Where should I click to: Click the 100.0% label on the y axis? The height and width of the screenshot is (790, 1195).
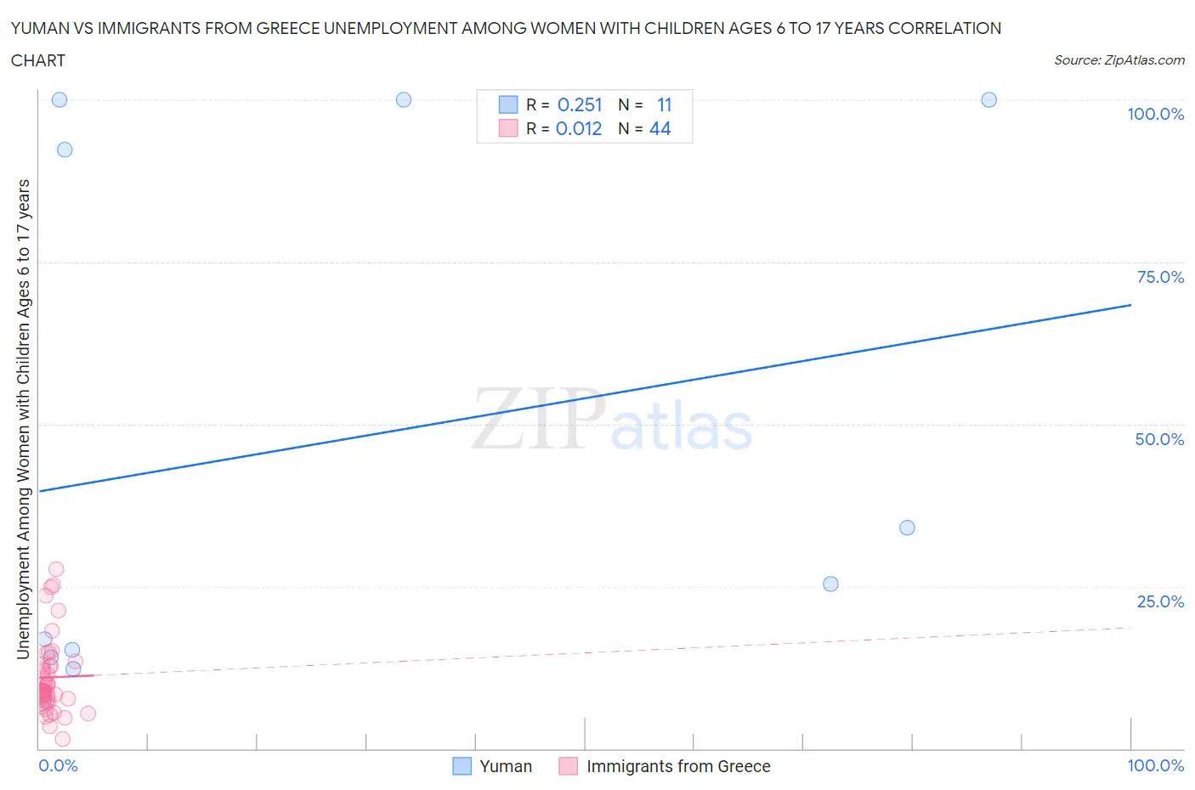pyautogui.click(x=1155, y=115)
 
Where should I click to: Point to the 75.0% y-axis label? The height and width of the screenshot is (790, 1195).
pyautogui.click(x=1160, y=277)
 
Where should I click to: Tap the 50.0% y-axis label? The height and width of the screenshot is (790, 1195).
pyautogui.click(x=1159, y=439)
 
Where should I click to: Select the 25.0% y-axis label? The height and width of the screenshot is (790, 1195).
pyautogui.click(x=1160, y=601)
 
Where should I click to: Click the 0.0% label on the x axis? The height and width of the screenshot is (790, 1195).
pyautogui.click(x=58, y=765)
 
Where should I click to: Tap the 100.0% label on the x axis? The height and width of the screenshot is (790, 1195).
pyautogui.click(x=1155, y=765)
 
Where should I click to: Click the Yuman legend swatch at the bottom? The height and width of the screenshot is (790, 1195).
pyautogui.click(x=462, y=766)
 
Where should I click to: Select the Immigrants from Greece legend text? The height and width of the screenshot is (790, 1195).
pyautogui.click(x=678, y=766)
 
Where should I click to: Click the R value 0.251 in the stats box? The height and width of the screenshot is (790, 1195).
pyautogui.click(x=580, y=104)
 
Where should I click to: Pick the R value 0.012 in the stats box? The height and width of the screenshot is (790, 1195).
pyautogui.click(x=579, y=128)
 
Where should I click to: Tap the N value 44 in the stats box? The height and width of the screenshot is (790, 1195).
pyautogui.click(x=660, y=128)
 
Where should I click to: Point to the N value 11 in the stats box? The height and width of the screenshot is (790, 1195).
pyautogui.click(x=664, y=104)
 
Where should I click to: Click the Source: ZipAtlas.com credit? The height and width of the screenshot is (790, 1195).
pyautogui.click(x=1119, y=60)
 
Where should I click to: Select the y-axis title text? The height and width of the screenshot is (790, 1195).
pyautogui.click(x=23, y=420)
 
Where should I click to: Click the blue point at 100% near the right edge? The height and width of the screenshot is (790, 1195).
pyautogui.click(x=988, y=100)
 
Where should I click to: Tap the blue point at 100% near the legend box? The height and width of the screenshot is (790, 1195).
pyautogui.click(x=404, y=100)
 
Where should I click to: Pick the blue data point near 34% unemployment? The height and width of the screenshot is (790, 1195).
pyautogui.click(x=907, y=528)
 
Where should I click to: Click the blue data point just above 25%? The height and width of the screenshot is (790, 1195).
pyautogui.click(x=830, y=584)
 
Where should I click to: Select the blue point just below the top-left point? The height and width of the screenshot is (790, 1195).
pyautogui.click(x=65, y=150)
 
